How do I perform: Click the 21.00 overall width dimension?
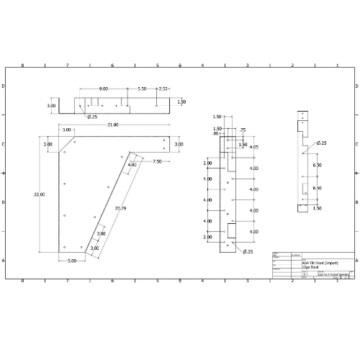click(x=113, y=125)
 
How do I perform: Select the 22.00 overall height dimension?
click(x=38, y=194)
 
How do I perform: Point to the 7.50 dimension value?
click(x=157, y=162)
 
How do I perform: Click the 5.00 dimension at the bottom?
click(x=73, y=260)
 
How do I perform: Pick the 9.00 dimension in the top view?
click(x=104, y=89)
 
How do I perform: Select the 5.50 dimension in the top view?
click(x=142, y=89)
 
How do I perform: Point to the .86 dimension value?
click(x=215, y=134)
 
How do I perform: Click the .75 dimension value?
click(x=242, y=130)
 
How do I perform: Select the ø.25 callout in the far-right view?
click(x=320, y=143)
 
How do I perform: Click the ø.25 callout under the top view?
click(x=92, y=116)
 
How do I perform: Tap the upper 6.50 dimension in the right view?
click(x=317, y=165)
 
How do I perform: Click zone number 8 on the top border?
click(x=22, y=65)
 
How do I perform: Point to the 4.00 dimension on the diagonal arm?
click(x=132, y=165)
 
